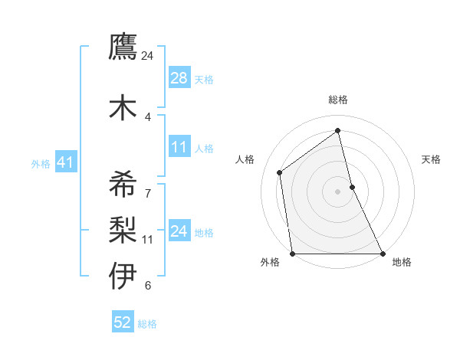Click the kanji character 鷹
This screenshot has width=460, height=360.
tap(123, 47)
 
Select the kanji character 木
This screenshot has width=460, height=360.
tap(123, 107)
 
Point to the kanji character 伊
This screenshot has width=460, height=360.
tap(123, 276)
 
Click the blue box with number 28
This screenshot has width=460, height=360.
tap(179, 78)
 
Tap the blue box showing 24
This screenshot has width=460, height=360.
tap(179, 231)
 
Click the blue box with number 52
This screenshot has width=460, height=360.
tap(123, 322)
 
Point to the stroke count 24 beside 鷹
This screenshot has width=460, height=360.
tap(148, 56)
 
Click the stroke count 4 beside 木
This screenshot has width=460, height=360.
tap(148, 116)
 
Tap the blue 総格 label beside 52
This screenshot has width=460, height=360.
tap(147, 324)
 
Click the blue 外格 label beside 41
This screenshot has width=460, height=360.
tap(41, 163)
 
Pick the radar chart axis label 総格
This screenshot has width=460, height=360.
tap(337, 100)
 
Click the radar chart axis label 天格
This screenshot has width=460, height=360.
tap(431, 159)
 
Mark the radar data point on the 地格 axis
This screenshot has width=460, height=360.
tap(382, 254)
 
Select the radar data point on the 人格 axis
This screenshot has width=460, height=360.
tap(280, 172)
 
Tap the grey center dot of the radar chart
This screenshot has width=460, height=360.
tap(337, 191)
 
